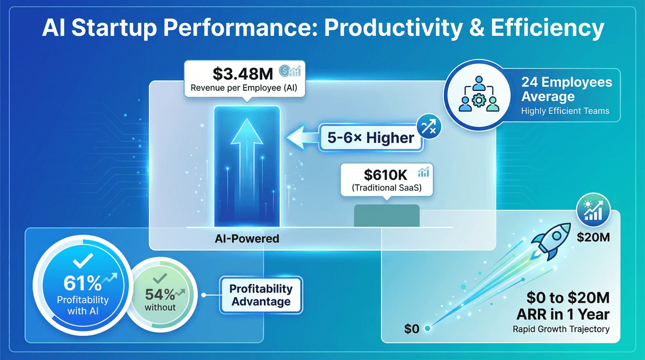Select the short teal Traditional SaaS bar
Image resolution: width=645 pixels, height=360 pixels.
pyautogui.click(x=387, y=216)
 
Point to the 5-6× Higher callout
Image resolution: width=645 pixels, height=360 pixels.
pyautogui.click(x=371, y=138)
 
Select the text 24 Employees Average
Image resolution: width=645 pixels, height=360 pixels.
pyautogui.click(x=566, y=90)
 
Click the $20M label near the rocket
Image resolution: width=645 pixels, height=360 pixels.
pyautogui.click(x=594, y=237)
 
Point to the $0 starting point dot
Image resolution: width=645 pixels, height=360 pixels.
pyautogui.click(x=427, y=328)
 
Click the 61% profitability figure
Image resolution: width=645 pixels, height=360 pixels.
pyautogui.click(x=82, y=283)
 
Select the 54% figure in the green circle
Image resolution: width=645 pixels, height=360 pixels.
pyautogui.click(x=160, y=295)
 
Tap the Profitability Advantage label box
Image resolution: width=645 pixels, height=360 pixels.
pyautogui.click(x=261, y=295)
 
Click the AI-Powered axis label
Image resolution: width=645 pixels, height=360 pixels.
pyautogui.click(x=247, y=238)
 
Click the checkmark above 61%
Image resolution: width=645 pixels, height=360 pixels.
pyautogui.click(x=83, y=262)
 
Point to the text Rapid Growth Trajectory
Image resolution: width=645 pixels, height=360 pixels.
pyautogui.click(x=562, y=329)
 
